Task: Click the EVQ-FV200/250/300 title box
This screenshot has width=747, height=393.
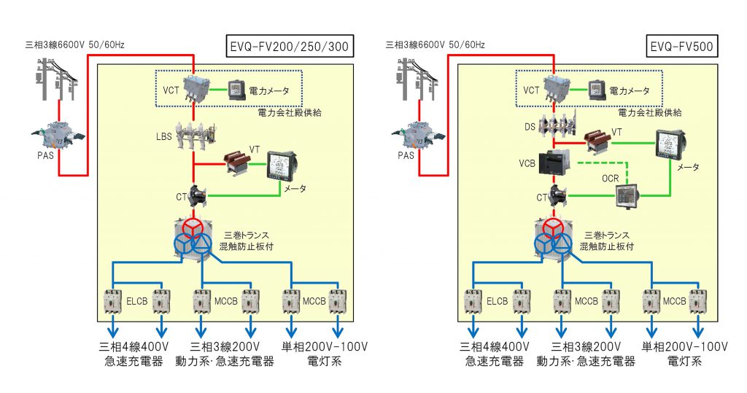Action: [x=289, y=48]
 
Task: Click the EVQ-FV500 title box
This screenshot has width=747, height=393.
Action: [x=681, y=48]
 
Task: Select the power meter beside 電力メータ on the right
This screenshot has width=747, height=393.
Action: [x=596, y=90]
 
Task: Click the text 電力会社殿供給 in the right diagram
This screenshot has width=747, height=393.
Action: [x=649, y=113]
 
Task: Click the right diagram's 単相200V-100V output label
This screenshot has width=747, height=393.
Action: [x=684, y=347]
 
